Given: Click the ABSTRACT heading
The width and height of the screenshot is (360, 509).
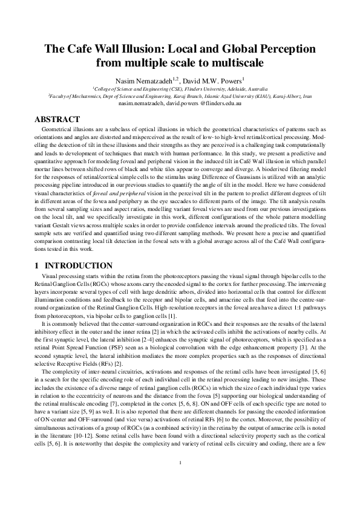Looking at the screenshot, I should tap(57, 120).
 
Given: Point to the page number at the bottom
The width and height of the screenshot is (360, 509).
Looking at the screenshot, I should tap(180, 481).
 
